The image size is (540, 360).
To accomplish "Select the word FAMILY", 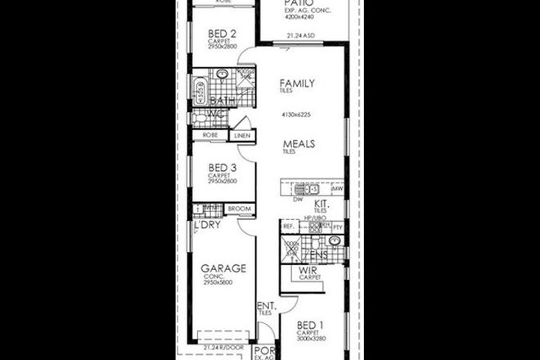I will [296, 83].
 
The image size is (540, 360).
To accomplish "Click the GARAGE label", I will [223, 268].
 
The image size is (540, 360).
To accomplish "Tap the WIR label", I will [308, 269].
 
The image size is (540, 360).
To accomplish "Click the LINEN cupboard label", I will [241, 136].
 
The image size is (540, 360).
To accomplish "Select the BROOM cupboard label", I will [239, 209].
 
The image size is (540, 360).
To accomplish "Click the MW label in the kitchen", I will [336, 189].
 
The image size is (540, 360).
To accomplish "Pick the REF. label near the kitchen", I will [287, 227].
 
